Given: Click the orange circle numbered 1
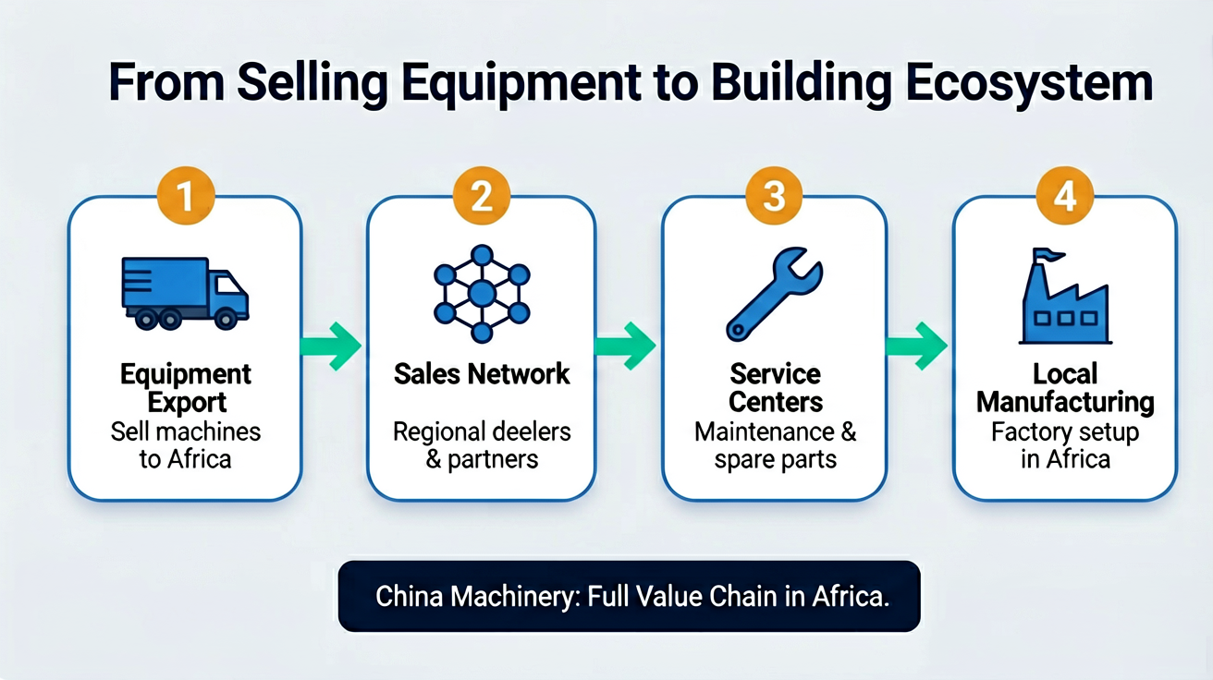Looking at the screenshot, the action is (x=186, y=195).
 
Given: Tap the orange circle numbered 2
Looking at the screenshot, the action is (x=482, y=195).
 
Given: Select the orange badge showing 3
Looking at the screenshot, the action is (x=774, y=195).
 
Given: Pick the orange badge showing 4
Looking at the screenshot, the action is (x=1065, y=195).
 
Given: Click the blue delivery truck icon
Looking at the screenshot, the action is (x=185, y=293).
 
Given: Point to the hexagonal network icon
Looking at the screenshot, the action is (x=482, y=294).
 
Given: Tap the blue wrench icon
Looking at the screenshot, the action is (x=774, y=294).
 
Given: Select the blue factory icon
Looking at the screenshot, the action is (x=1065, y=296).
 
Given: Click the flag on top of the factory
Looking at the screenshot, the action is (x=1048, y=255).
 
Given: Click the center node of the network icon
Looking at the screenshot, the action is (x=482, y=295).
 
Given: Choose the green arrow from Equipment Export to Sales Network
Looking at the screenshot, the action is (x=330, y=346).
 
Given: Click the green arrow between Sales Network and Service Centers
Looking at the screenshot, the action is (x=625, y=346).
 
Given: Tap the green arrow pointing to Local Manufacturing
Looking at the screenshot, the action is (x=916, y=346).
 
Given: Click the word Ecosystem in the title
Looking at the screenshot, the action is (x=1029, y=83).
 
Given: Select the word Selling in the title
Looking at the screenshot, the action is (x=312, y=83).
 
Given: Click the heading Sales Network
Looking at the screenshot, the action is (x=482, y=374).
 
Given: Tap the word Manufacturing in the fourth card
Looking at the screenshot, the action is (x=1065, y=403).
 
